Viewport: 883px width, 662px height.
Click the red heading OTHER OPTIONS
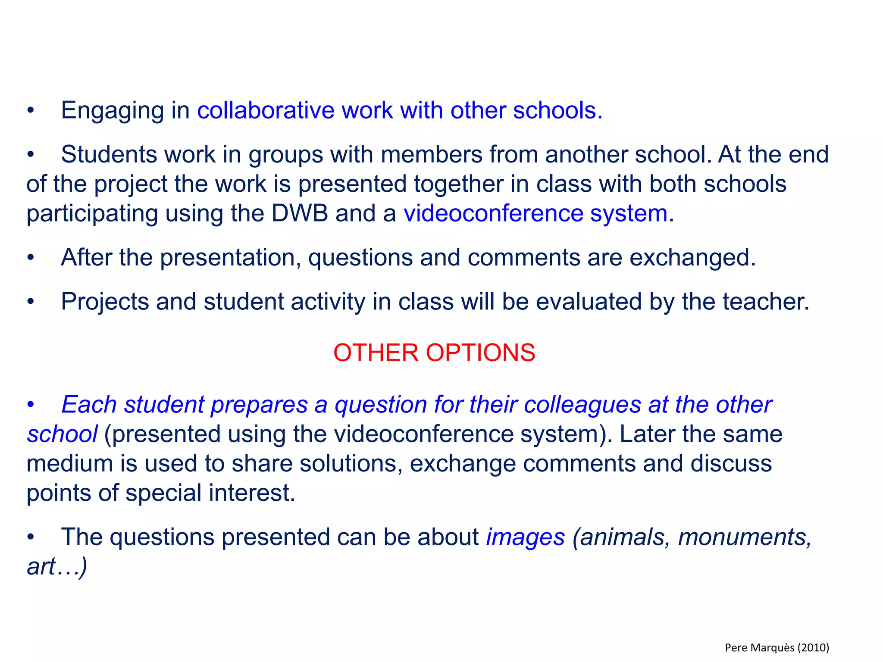(x=434, y=353)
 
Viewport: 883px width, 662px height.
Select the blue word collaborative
(x=266, y=110)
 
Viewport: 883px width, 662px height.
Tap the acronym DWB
(x=300, y=213)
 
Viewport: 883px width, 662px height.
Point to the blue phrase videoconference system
(x=535, y=213)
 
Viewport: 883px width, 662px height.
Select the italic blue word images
(x=525, y=537)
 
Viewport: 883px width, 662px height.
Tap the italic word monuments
(x=745, y=537)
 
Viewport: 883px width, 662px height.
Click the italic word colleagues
(x=582, y=405)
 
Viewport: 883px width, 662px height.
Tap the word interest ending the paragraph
(x=251, y=493)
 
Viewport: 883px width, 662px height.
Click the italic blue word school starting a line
(x=62, y=434)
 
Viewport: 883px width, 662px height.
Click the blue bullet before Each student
(x=30, y=405)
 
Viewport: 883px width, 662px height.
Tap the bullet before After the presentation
(x=30, y=258)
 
